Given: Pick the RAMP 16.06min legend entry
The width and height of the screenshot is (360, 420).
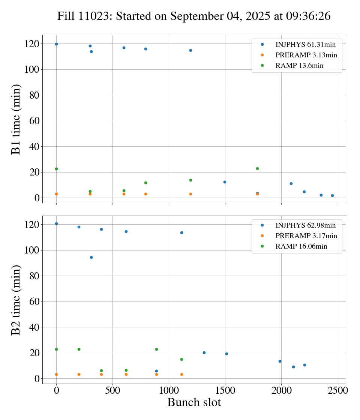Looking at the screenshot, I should click(x=301, y=246).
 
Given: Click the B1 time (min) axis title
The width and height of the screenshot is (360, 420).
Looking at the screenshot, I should click(x=16, y=119).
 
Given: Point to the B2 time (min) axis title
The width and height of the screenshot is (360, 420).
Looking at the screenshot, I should click(x=16, y=300).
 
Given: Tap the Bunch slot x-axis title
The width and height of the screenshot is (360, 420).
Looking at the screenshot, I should click(x=194, y=402).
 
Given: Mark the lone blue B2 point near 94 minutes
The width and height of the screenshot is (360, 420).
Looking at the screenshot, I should click(x=91, y=257).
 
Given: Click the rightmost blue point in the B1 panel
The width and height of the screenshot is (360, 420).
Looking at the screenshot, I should click(x=332, y=195).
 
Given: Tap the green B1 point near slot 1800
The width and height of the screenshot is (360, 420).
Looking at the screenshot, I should click(x=257, y=168).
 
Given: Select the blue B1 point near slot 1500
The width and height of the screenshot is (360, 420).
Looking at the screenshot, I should click(x=225, y=182).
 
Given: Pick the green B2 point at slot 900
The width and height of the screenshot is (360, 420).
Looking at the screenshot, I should click(x=156, y=349).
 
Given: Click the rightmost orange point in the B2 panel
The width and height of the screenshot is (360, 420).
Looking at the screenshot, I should click(x=181, y=374).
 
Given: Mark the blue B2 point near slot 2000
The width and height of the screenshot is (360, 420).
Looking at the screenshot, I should click(x=280, y=361).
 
